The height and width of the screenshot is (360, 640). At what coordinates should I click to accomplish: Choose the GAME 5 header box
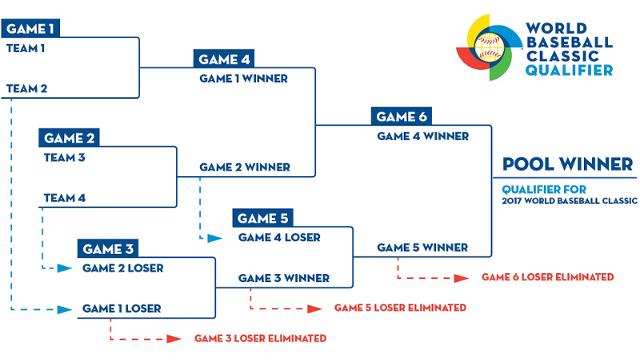coord(263,217)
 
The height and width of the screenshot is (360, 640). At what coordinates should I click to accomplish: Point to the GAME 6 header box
coord(401,115)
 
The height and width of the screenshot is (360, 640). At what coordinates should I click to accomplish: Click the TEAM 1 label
coord(26,47)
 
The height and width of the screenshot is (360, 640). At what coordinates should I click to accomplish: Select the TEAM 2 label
coord(26,88)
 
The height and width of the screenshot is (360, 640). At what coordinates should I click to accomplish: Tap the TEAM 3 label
coord(64,157)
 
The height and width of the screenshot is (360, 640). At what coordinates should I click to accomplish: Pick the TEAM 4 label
coord(65,198)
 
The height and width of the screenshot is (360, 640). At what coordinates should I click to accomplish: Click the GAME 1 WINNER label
coord(243,76)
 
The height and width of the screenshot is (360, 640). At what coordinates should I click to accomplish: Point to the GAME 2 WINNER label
coord(244,166)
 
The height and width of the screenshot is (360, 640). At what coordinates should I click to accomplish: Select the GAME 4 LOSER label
coord(278,237)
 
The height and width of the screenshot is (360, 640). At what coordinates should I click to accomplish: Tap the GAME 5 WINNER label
coord(422,247)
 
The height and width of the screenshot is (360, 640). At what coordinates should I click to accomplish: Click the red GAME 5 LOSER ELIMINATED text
coord(399,306)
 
